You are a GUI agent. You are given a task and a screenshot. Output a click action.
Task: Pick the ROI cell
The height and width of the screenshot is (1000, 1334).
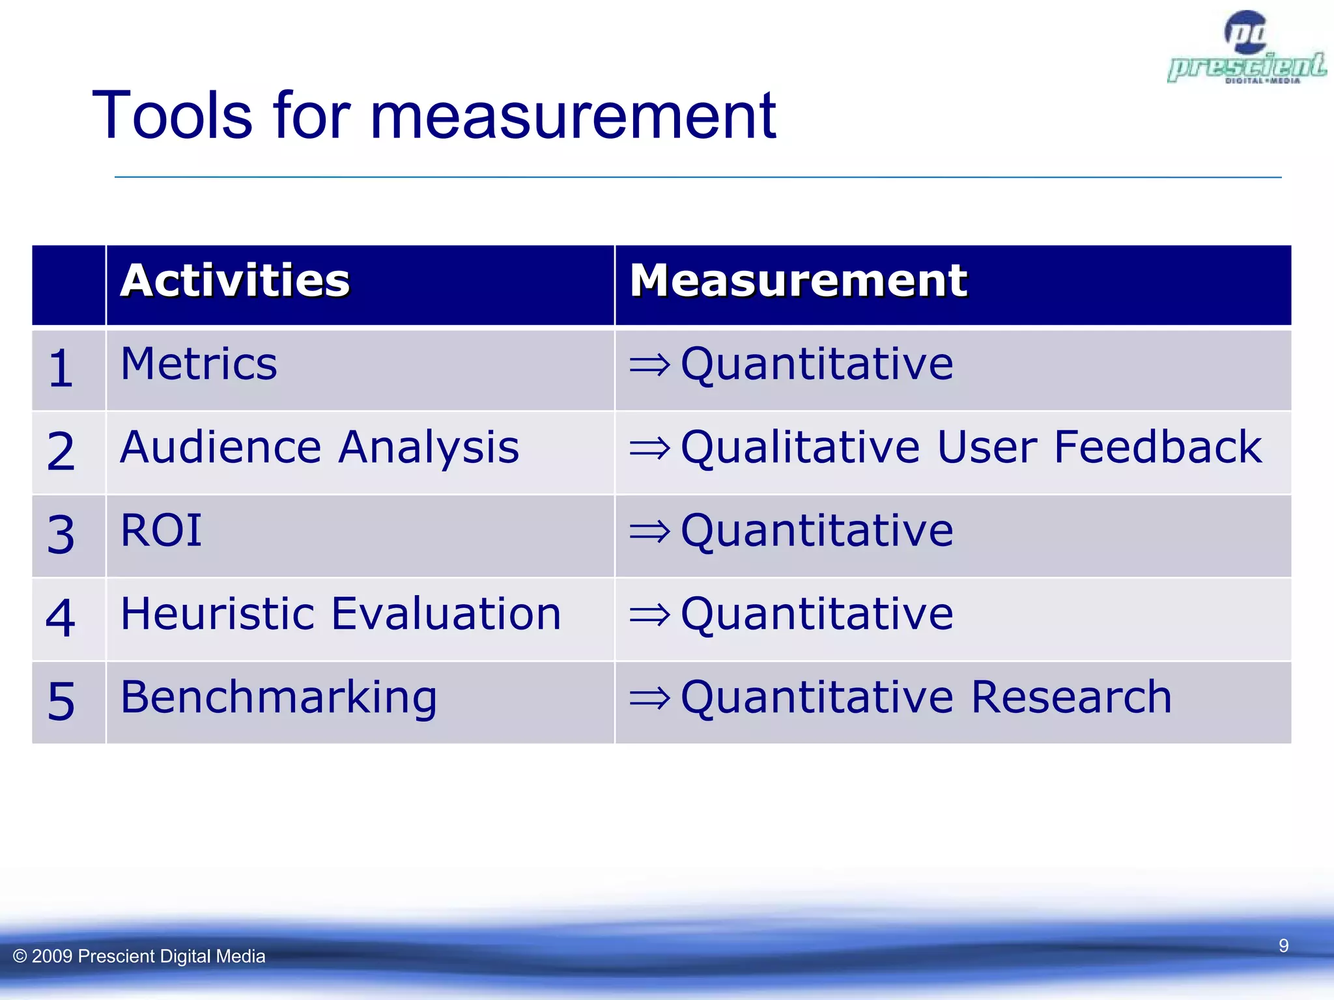pyautogui.click(x=162, y=531)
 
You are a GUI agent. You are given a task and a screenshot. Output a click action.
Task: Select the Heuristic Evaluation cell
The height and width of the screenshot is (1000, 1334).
pyautogui.click(x=341, y=614)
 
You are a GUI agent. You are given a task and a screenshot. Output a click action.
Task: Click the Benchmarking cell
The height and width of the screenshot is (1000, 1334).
pyautogui.click(x=279, y=697)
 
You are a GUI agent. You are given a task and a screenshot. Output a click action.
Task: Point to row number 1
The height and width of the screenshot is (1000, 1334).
pyautogui.click(x=61, y=368)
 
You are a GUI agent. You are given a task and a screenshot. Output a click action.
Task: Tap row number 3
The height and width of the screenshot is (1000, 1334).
pyautogui.click(x=61, y=535)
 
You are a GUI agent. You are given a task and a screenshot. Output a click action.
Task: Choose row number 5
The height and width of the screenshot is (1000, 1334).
pyautogui.click(x=61, y=702)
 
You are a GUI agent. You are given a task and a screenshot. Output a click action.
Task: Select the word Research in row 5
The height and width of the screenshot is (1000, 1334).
pyautogui.click(x=1071, y=697)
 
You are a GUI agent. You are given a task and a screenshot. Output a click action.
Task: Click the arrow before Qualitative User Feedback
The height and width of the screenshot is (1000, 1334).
pyautogui.click(x=649, y=448)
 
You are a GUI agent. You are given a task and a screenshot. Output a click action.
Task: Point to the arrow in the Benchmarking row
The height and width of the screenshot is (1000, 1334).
pyautogui.click(x=649, y=698)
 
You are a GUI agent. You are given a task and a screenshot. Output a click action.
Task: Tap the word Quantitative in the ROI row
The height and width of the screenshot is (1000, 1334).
pyautogui.click(x=817, y=531)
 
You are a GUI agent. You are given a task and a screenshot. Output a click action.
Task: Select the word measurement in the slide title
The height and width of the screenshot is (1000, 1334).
pyautogui.click(x=573, y=116)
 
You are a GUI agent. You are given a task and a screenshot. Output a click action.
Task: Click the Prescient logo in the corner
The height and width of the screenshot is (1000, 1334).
pyautogui.click(x=1246, y=49)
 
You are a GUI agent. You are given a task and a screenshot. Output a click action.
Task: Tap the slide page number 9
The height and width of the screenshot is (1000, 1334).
pyautogui.click(x=1283, y=945)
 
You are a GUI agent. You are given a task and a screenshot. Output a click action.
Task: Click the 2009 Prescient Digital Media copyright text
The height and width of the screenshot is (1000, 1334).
pyautogui.click(x=139, y=956)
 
